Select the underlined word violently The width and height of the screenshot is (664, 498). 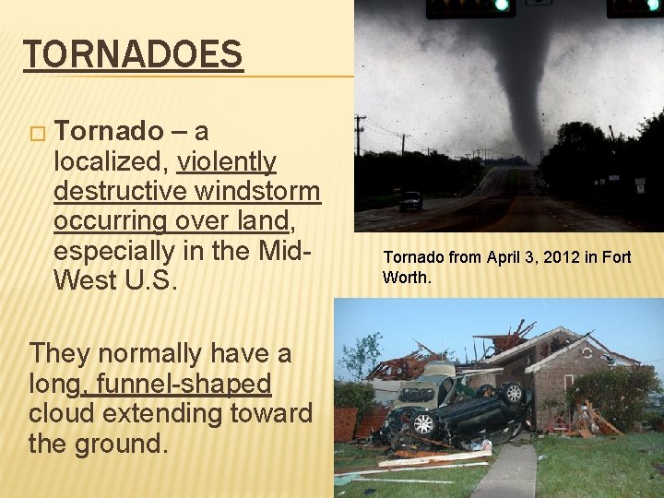click(227, 162)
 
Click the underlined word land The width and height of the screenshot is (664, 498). click(263, 221)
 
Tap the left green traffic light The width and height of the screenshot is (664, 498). click(502, 6)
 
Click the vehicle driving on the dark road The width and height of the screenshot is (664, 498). click(410, 200)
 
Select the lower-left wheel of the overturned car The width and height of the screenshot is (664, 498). click(423, 423)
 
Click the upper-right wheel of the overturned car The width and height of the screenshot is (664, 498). click(512, 394)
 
